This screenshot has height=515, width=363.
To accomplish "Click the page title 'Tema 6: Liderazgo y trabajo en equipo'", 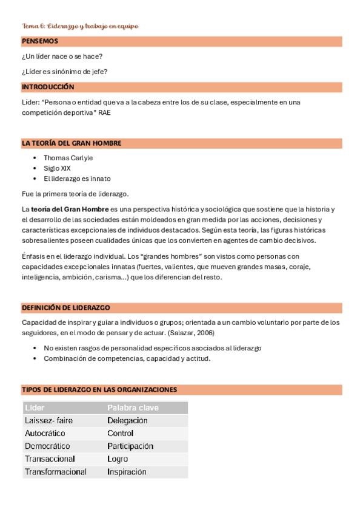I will pyautogui.click(x=80, y=26).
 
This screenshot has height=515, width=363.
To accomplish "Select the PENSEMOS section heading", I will pyautogui.click(x=40, y=41).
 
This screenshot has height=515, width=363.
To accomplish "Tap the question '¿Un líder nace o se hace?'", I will pyautogui.click(x=62, y=56).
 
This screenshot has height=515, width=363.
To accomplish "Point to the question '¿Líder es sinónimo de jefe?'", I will pyautogui.click(x=65, y=72).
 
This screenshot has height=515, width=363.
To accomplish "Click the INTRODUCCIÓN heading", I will pyautogui.click(x=48, y=87).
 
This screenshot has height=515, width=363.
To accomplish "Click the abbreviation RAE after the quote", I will pyautogui.click(x=105, y=112).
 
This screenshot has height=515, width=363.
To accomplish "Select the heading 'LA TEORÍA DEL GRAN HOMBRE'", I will pyautogui.click(x=72, y=143).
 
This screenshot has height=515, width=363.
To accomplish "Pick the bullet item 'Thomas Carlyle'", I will pyautogui.click(x=68, y=158).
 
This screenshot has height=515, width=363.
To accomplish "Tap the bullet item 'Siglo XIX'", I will pyautogui.click(x=57, y=168).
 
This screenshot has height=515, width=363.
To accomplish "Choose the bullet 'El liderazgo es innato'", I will pyautogui.click(x=77, y=179).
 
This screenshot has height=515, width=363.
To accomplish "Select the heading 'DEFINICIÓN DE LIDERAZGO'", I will pyautogui.click(x=65, y=308).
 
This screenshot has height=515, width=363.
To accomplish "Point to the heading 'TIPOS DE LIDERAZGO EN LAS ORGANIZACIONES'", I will pyautogui.click(x=99, y=389).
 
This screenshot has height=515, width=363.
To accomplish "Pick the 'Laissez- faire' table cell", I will pyautogui.click(x=48, y=420).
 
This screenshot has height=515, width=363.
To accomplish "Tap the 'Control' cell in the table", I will pyautogui.click(x=121, y=433).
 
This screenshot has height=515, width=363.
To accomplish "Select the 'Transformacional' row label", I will pyautogui.click(x=56, y=472).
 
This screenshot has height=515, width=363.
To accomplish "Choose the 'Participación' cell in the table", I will pyautogui.click(x=130, y=446).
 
